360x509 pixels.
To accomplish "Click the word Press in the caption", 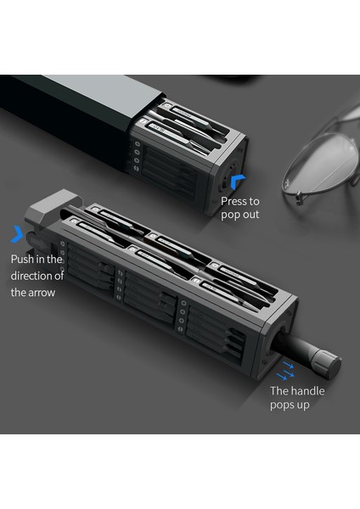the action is [x=234, y=201].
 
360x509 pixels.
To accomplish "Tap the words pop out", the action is [x=240, y=215].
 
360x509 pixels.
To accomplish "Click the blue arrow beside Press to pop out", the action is [x=238, y=180].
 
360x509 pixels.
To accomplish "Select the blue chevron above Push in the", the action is [x=17, y=234].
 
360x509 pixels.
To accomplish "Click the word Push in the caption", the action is [x=22, y=259].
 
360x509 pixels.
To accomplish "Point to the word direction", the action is [x=32, y=276].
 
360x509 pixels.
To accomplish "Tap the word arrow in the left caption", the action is [x=42, y=293].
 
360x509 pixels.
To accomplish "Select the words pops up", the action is [x=290, y=406].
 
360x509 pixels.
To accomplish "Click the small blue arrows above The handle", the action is [x=285, y=370].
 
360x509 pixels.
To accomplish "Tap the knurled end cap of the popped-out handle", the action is [x=327, y=362].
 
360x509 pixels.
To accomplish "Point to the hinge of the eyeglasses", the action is [x=298, y=197].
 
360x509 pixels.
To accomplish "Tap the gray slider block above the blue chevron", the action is [x=53, y=207].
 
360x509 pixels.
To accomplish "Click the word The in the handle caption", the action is [x=278, y=390].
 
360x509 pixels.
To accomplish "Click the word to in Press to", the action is [x=254, y=202].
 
